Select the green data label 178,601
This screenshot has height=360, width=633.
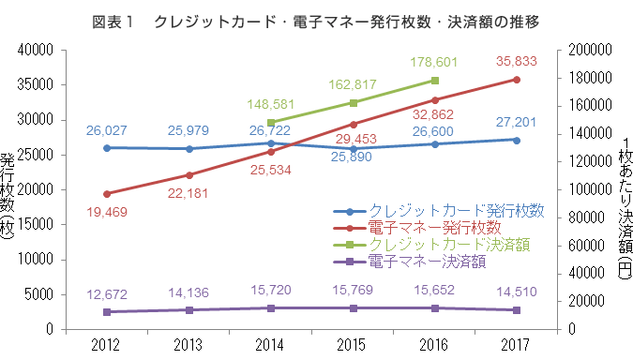tap(434, 62)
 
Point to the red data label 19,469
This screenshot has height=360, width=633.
tap(107, 213)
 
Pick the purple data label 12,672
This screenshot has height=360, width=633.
tap(107, 294)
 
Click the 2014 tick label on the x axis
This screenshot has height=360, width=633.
tap(270, 344)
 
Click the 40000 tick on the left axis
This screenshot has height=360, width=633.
tap(32, 50)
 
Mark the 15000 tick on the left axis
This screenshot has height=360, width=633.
tap(32, 225)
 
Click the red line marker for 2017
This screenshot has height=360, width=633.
tap(516, 80)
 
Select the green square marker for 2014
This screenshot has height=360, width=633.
tap(270, 122)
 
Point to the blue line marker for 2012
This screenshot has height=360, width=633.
tap(107, 147)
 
